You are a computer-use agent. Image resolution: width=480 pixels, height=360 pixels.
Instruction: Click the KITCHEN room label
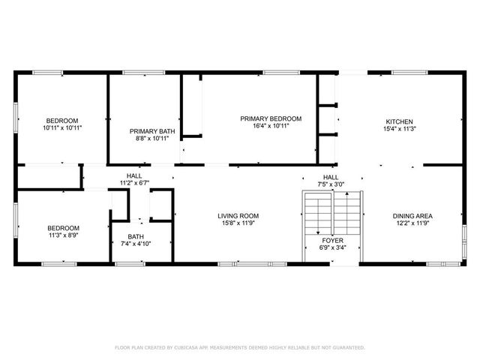[399, 121]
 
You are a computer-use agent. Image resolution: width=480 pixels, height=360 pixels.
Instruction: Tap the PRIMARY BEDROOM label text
[271, 118]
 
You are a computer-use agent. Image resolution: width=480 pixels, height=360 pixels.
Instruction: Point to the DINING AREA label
[412, 216]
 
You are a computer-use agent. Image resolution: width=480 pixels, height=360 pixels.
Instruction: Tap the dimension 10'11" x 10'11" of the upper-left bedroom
[62, 128]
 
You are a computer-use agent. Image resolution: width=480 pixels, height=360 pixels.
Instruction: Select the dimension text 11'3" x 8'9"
[63, 235]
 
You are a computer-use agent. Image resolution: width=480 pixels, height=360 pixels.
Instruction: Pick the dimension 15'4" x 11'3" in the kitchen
[399, 129]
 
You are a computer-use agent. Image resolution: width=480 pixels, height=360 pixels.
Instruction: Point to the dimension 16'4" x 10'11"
[271, 126]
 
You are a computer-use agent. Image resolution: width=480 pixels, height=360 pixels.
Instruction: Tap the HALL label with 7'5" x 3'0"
[330, 176]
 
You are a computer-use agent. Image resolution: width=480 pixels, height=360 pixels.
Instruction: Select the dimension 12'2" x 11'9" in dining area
[412, 223]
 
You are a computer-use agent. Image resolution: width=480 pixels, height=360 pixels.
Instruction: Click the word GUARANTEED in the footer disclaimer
[348, 348]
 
